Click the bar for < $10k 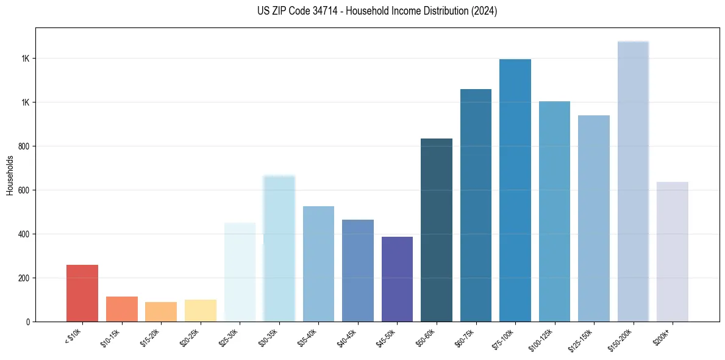click(82, 293)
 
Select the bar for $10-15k click(121, 309)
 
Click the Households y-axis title click(10, 175)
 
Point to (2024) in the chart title click(484, 11)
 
